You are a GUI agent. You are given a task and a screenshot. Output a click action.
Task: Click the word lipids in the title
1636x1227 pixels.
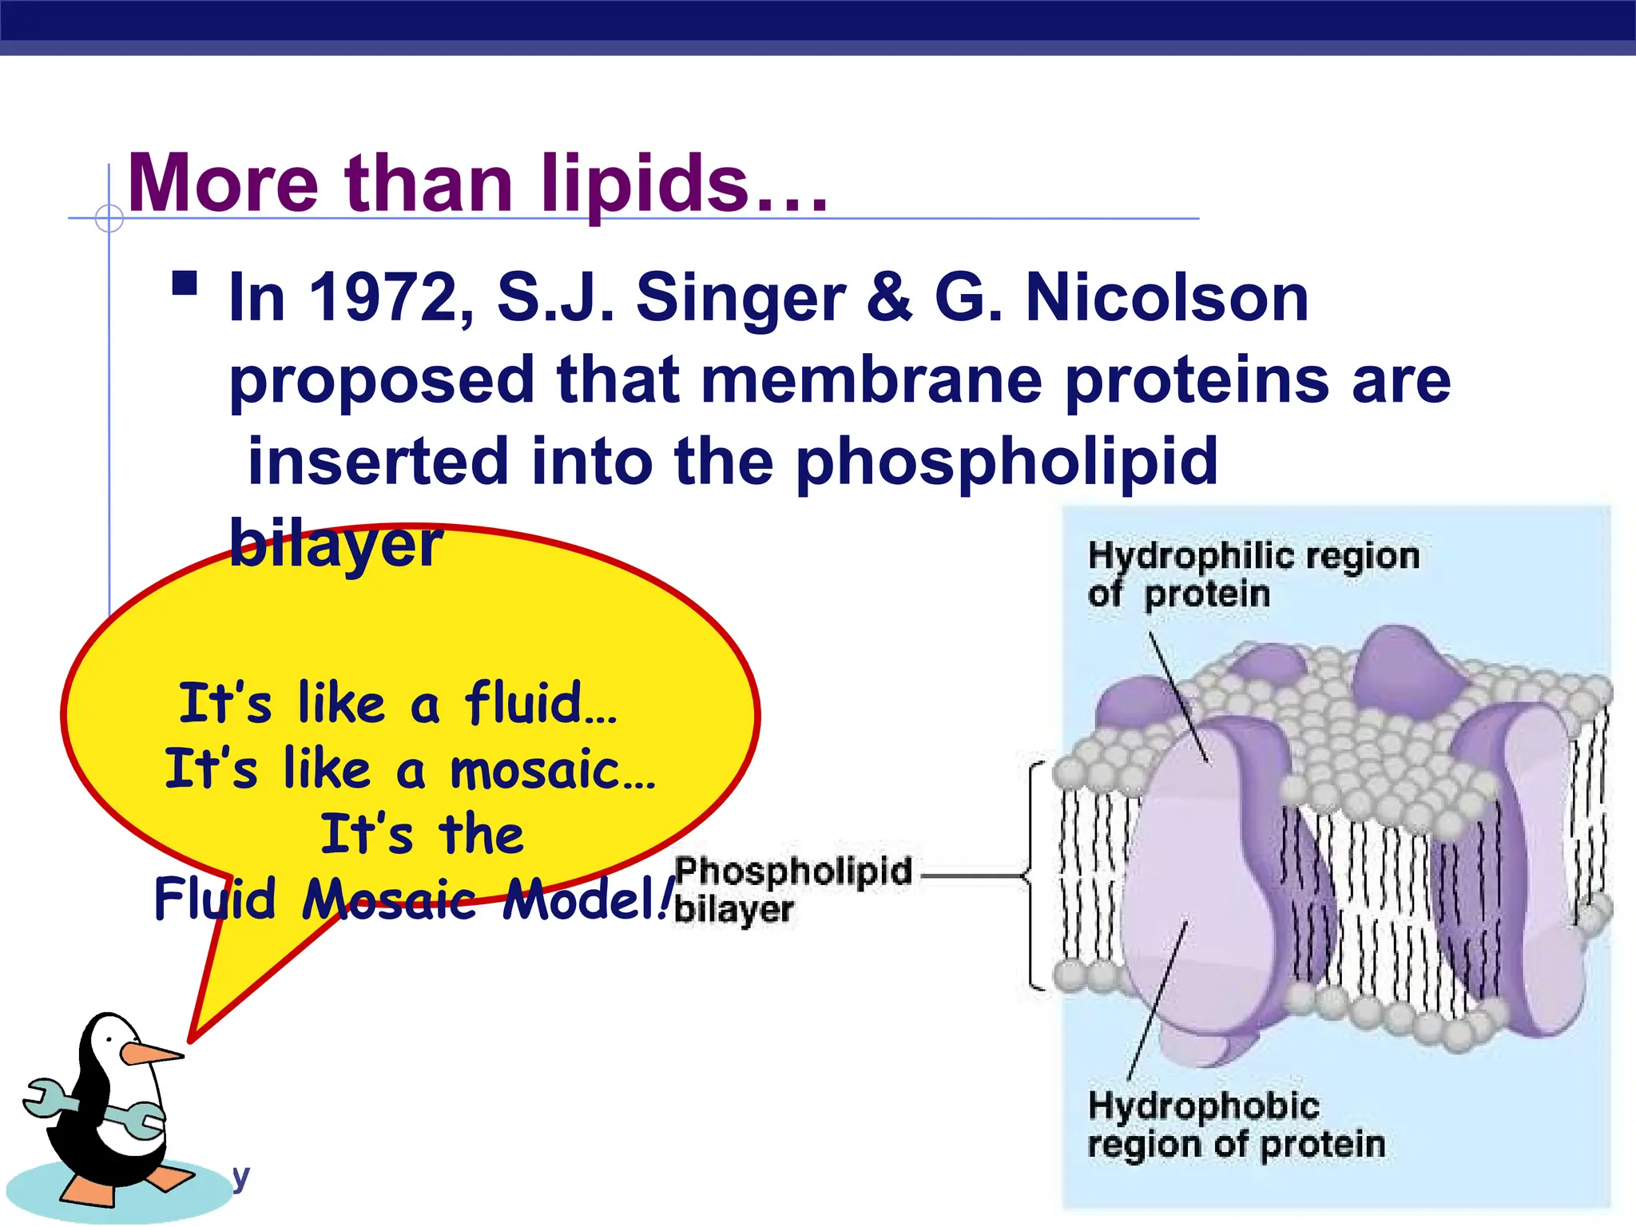click(645, 185)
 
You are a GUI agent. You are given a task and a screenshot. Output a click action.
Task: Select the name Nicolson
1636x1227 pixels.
click(1166, 298)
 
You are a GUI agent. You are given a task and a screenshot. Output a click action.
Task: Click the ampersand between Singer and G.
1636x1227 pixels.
click(888, 298)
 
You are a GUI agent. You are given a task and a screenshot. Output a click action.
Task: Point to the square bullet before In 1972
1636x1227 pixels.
click(185, 284)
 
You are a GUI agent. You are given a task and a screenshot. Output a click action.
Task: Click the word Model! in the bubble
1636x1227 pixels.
click(587, 900)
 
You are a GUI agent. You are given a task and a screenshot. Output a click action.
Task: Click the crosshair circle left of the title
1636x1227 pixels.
click(109, 218)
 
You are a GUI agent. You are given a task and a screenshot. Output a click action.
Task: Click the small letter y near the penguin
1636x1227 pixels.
click(240, 1176)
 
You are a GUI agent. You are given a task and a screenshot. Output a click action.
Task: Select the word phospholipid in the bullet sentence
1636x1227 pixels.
click(1007, 463)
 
